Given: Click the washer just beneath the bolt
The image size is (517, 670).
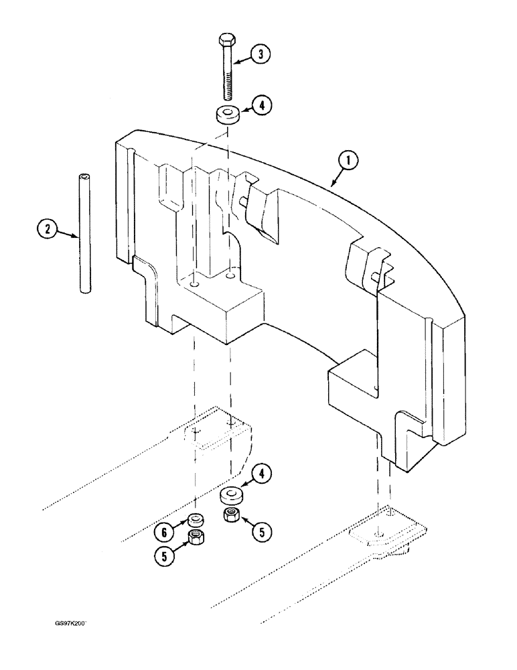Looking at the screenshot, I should coord(228,115).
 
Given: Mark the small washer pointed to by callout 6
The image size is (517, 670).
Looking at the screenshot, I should coord(196,519).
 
